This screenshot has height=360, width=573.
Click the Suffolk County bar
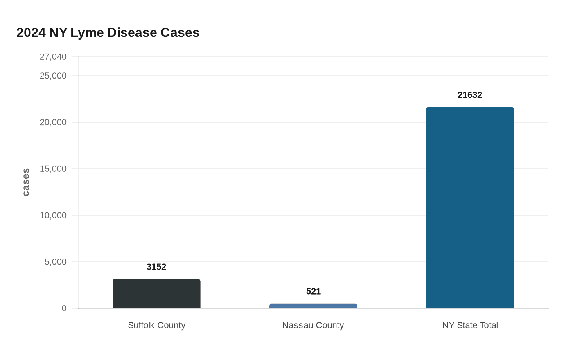point(156,294)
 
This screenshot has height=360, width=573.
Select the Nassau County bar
point(313,306)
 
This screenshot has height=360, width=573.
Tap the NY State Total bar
point(470,207)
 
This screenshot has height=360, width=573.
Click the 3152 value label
point(156,267)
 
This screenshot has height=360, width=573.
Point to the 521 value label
point(313,291)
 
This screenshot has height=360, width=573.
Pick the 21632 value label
point(470,95)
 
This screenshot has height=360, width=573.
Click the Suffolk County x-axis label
point(156,325)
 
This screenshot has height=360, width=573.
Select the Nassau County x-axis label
point(313,325)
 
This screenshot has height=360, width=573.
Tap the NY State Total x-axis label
point(470,325)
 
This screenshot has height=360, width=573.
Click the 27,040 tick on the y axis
point(53,57)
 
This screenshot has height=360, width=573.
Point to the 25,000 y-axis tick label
point(53,76)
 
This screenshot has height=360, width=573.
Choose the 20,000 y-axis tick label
point(53,122)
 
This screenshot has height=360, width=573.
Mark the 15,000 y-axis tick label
point(53,169)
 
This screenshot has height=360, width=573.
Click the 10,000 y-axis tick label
point(53,215)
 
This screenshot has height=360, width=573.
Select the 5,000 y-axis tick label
point(55,262)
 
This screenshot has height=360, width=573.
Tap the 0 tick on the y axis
point(64,308)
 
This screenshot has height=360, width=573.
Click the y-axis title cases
point(26,182)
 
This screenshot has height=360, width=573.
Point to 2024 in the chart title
point(31,33)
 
